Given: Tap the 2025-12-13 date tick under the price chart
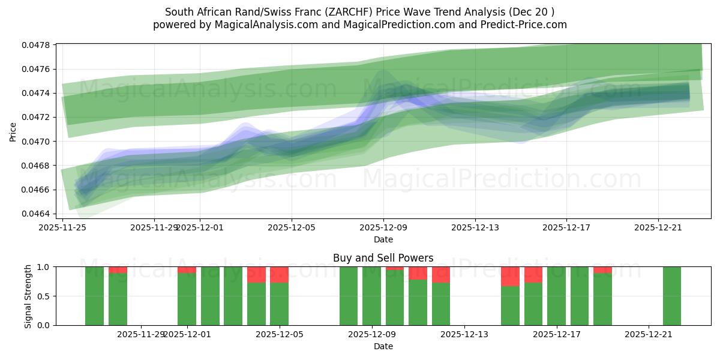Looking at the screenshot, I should [x=475, y=227].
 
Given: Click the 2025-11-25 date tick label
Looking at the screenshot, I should [x=63, y=227].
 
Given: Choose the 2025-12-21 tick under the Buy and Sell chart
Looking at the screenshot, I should [x=649, y=334].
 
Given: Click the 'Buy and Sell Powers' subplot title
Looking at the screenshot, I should [x=383, y=258].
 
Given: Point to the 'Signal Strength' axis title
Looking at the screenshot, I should [x=28, y=296].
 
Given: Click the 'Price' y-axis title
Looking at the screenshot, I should [x=13, y=132].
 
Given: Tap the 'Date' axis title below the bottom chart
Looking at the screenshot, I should [x=383, y=346].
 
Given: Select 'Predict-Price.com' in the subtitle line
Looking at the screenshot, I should [x=528, y=25].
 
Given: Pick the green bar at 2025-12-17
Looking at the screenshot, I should [x=556, y=296].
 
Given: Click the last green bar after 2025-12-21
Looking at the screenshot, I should [x=671, y=296].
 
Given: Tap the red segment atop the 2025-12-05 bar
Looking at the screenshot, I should [x=279, y=274].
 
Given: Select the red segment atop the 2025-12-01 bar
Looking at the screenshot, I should [x=187, y=269].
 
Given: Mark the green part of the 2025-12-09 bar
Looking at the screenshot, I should [x=371, y=296].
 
